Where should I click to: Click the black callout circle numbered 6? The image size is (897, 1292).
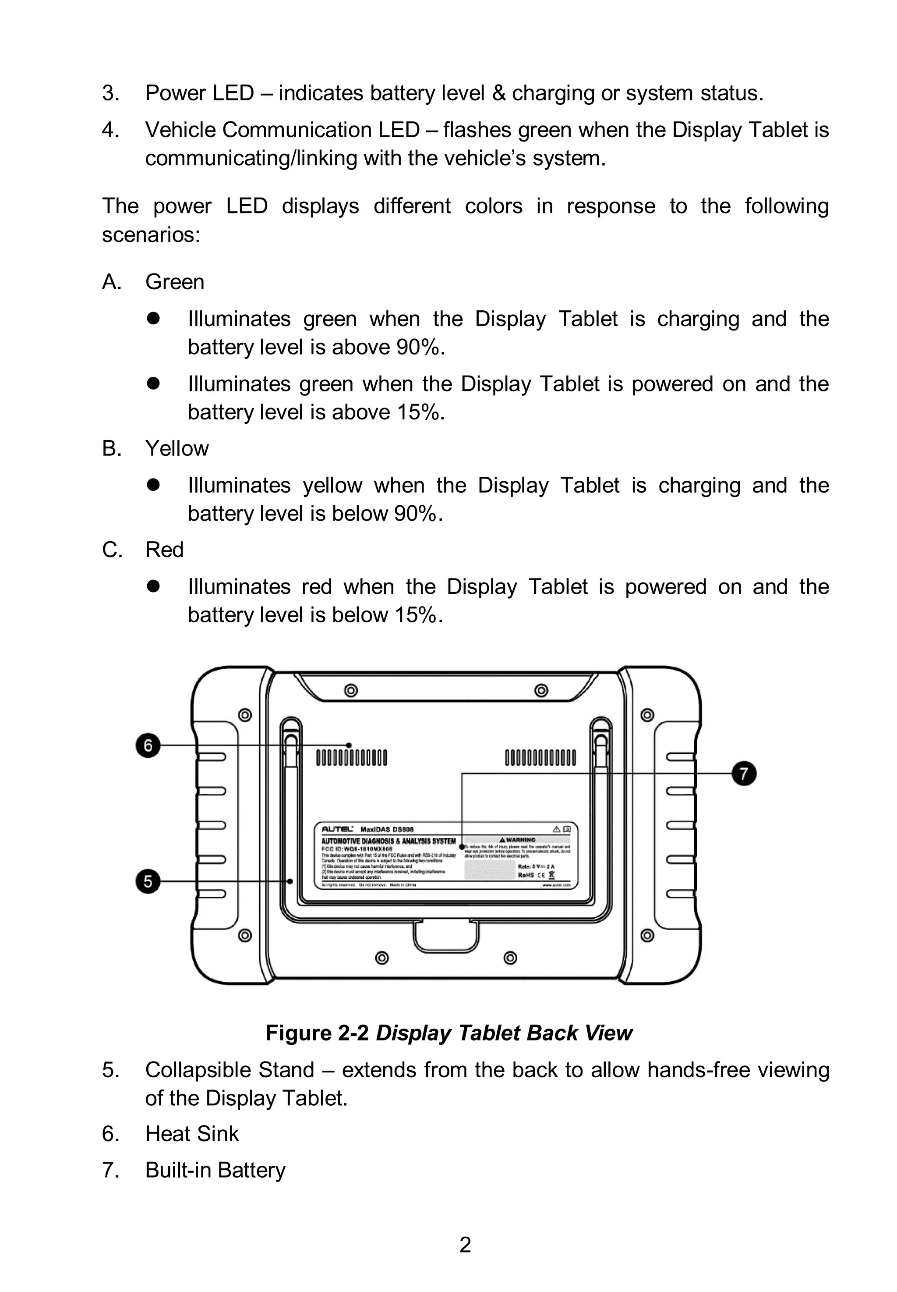pyautogui.click(x=148, y=745)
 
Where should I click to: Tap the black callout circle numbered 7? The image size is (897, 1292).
pyautogui.click(x=744, y=774)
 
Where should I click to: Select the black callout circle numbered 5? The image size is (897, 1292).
pyautogui.click(x=148, y=881)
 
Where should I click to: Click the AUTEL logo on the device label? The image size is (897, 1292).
pyautogui.click(x=337, y=829)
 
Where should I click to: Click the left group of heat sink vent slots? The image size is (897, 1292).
pyautogui.click(x=351, y=757)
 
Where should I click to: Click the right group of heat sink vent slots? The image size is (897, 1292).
pyautogui.click(x=540, y=757)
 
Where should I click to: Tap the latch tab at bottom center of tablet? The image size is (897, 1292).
pyautogui.click(x=446, y=936)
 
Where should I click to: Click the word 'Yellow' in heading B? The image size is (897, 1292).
pyautogui.click(x=177, y=449)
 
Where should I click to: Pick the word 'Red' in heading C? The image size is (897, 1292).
pyautogui.click(x=164, y=550)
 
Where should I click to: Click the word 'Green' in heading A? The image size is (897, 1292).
pyautogui.click(x=175, y=282)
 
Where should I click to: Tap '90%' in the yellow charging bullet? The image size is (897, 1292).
pyautogui.click(x=415, y=514)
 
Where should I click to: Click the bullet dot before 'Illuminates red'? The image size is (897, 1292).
pyautogui.click(x=153, y=586)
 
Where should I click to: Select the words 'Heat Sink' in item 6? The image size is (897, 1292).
pyautogui.click(x=192, y=1134)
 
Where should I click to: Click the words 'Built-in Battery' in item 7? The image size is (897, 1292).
pyautogui.click(x=215, y=1171)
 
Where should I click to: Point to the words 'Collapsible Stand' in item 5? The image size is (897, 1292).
pyautogui.click(x=230, y=1070)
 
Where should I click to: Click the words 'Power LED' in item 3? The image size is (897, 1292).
pyautogui.click(x=200, y=93)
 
